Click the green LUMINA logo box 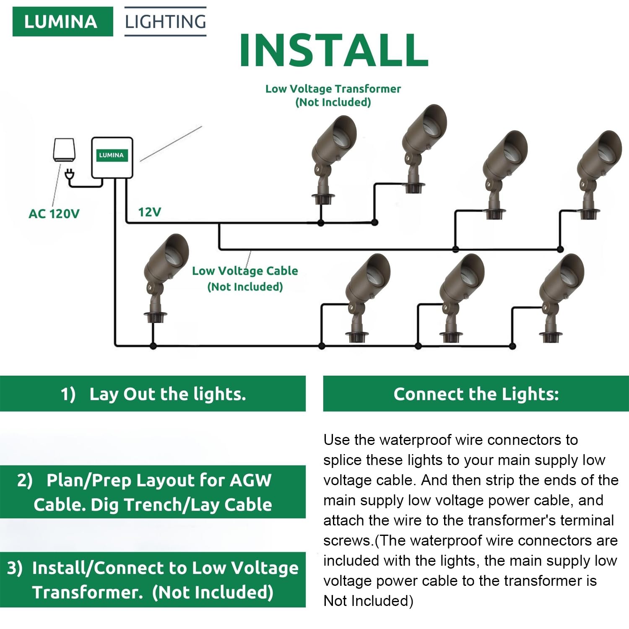click(62, 21)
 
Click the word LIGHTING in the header click(165, 21)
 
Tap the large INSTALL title click(334, 50)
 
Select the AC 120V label click(54, 214)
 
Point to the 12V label click(149, 212)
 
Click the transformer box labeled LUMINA click(112, 157)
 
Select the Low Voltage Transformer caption click(333, 95)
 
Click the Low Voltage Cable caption click(245, 278)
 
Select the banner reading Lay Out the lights click(153, 394)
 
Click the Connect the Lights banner click(476, 394)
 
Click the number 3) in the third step click(15, 568)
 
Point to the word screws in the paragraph click(348, 541)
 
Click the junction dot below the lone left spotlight click(153, 346)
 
